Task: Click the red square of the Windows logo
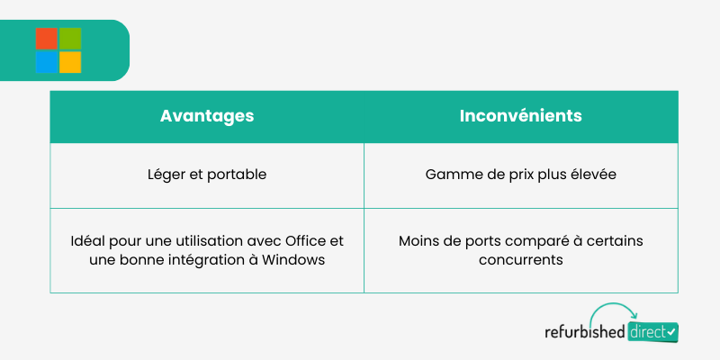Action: (x=47, y=39)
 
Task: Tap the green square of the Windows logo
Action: (x=70, y=39)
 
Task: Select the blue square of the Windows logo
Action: (x=47, y=62)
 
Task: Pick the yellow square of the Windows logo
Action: (x=70, y=62)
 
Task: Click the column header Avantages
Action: (x=207, y=116)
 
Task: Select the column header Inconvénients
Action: (x=521, y=116)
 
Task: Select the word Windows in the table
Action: (x=293, y=260)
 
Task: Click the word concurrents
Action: (x=521, y=260)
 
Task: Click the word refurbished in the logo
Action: (x=584, y=331)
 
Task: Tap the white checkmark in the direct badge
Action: (x=671, y=331)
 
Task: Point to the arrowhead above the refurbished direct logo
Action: (x=634, y=315)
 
